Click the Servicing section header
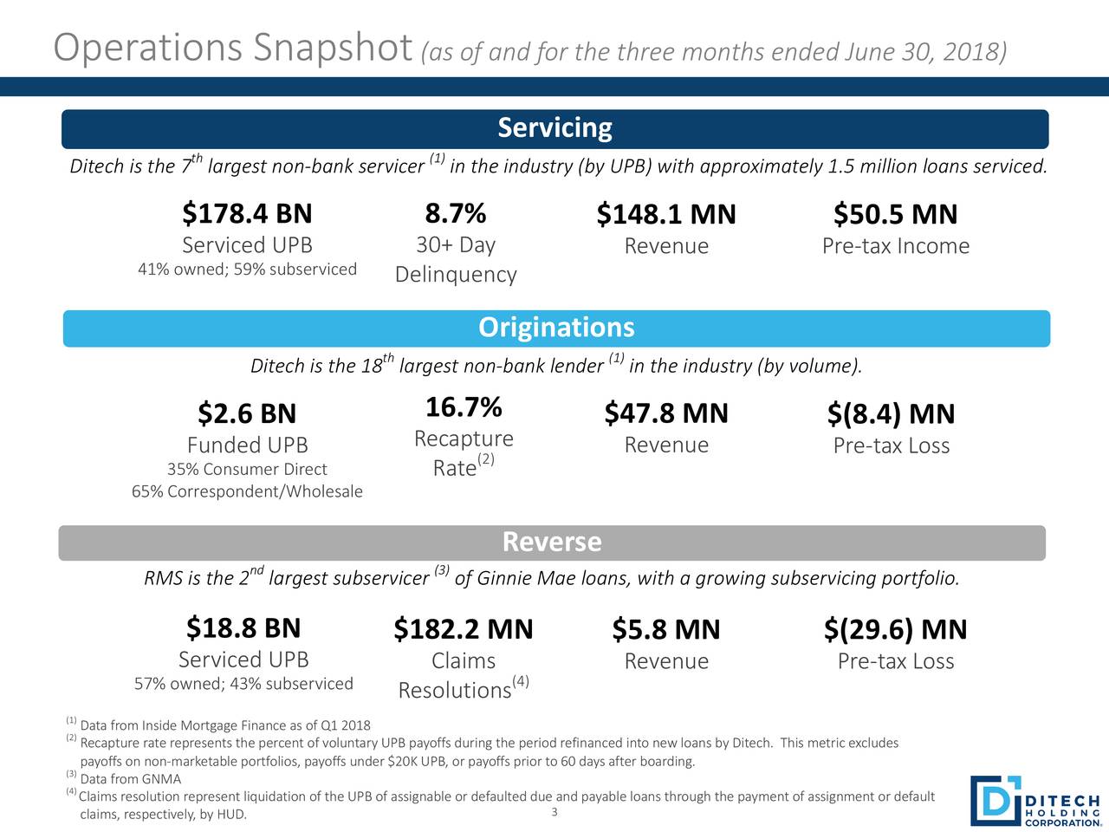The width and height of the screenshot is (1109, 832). tap(554, 128)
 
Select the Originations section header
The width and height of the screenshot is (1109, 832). tap(556, 328)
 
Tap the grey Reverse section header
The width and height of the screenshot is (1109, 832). tap(552, 543)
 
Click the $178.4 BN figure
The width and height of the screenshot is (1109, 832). tap(247, 213)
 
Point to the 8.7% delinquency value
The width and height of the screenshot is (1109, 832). tap(455, 213)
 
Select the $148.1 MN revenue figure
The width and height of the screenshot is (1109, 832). tap(666, 214)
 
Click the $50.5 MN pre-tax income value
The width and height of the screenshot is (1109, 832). tap(895, 214)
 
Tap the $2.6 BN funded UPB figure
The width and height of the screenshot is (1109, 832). tap(247, 413)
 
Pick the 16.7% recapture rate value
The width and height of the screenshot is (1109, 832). tap(464, 406)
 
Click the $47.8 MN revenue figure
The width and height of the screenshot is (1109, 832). tap(666, 413)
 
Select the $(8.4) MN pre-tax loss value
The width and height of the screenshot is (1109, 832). tap(891, 414)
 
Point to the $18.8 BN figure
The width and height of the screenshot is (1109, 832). tap(243, 627)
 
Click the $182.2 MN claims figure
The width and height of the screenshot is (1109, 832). tap(463, 629)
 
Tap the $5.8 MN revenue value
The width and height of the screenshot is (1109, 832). tap(666, 630)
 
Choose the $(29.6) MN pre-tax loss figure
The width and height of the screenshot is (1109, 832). tap(895, 630)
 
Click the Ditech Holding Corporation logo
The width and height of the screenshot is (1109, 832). tap(1034, 801)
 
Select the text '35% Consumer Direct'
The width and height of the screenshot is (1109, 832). tap(247, 470)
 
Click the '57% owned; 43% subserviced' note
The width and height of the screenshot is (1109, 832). tap(243, 684)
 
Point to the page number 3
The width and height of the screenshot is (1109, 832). tap(554, 812)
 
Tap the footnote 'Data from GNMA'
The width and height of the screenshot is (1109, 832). tap(130, 779)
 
